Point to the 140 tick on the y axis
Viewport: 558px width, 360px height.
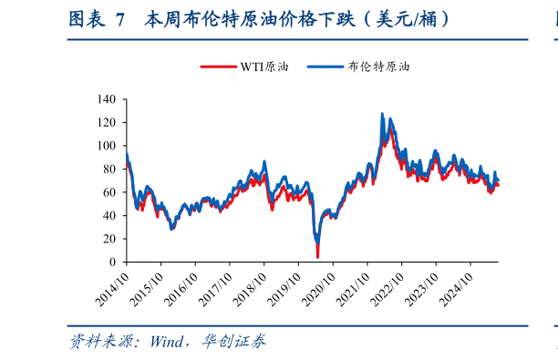(x=106, y=98)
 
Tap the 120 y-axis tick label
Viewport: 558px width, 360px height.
(x=106, y=122)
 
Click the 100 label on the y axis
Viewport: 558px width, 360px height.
(x=106, y=146)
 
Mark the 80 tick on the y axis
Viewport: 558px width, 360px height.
(x=109, y=169)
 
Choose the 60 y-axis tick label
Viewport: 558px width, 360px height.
(x=109, y=192)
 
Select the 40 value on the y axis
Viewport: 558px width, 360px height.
(x=109, y=215)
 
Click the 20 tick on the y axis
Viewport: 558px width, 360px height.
(x=109, y=239)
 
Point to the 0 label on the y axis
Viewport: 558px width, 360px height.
(x=112, y=262)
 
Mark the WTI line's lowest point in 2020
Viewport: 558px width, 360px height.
(x=317, y=257)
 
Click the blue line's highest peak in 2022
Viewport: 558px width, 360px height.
(x=381, y=114)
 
